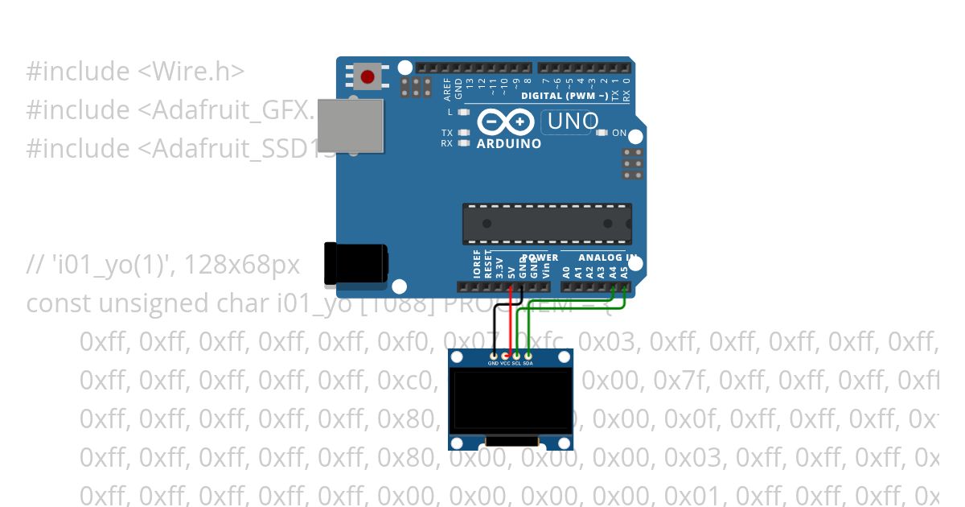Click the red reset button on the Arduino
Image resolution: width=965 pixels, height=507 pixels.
(368, 77)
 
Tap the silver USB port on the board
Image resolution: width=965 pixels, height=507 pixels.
(351, 126)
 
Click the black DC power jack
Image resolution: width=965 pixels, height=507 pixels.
(355, 263)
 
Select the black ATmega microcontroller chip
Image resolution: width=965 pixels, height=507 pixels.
(547, 224)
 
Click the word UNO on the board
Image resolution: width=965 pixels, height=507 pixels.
(572, 122)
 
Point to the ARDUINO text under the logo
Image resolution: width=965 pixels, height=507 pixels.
(509, 144)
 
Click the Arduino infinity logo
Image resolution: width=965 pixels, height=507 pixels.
(507, 122)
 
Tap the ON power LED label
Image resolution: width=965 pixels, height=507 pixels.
(619, 133)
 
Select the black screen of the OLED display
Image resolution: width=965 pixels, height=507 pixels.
(511, 400)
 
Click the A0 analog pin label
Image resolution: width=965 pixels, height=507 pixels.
(566, 271)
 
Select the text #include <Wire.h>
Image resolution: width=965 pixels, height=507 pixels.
(135, 72)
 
